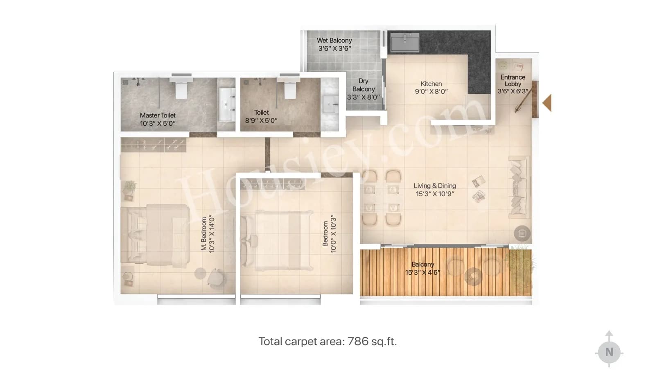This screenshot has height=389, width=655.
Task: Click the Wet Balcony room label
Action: coord(334,41)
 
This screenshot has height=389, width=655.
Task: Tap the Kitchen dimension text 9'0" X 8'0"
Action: coord(431,92)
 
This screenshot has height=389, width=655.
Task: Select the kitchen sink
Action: coord(404,43)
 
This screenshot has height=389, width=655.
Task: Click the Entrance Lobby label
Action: coord(513,80)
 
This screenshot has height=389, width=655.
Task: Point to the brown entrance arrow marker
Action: coord(547,103)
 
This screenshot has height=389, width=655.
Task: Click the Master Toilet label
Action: coord(158,115)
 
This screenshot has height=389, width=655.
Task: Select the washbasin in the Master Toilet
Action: coord(226,104)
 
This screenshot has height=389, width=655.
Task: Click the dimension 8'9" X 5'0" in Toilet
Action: coord(261,121)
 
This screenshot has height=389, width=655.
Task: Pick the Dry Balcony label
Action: coord(363,85)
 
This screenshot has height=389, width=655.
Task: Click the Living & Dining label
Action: coord(435,186)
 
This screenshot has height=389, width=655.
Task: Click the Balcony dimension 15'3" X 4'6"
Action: coord(423,272)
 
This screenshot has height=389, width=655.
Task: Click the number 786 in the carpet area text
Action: coord(358,342)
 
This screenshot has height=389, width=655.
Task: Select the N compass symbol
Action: coord(609,352)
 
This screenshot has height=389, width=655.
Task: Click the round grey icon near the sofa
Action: coord(522,233)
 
